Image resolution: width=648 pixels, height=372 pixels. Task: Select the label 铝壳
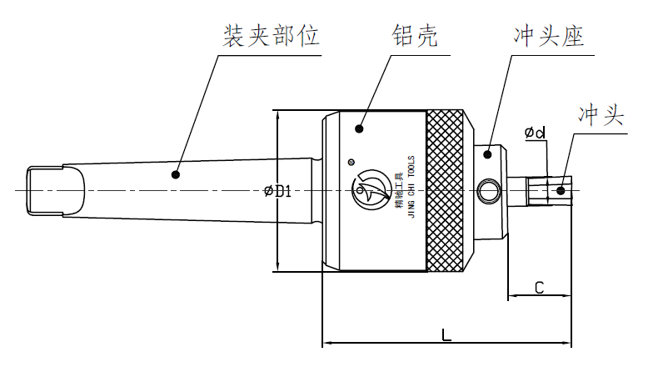[414, 35]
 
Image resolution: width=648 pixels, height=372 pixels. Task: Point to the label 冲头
[601, 116]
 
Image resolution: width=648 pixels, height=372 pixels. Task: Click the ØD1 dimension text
[277, 191]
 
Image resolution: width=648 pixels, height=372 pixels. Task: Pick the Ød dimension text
[534, 133]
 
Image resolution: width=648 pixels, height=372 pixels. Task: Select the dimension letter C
[540, 288]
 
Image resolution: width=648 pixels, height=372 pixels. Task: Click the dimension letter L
[447, 335]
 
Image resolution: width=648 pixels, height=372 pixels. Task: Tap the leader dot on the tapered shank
[176, 174]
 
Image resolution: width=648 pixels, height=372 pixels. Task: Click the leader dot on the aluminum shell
[360, 128]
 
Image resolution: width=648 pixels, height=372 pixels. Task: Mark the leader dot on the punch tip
[562, 190]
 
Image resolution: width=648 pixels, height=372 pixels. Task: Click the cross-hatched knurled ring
[449, 190]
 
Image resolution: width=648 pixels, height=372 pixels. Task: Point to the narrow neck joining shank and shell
[316, 191]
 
